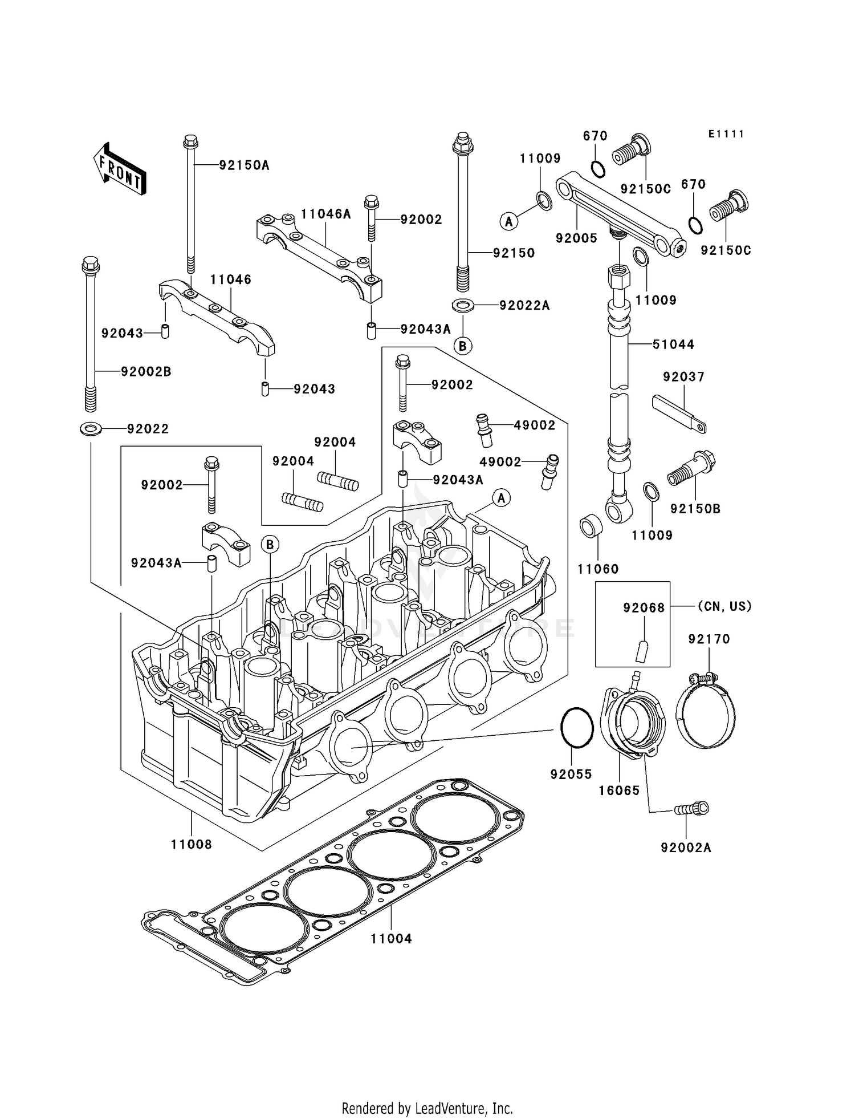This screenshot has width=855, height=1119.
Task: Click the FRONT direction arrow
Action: pyautogui.click(x=120, y=171)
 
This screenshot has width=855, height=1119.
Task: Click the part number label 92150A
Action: pyautogui.click(x=244, y=165)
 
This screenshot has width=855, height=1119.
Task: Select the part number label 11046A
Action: pyautogui.click(x=326, y=214)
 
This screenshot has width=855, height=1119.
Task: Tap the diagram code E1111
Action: pyautogui.click(x=726, y=134)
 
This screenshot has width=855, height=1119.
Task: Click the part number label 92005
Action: pyautogui.click(x=576, y=238)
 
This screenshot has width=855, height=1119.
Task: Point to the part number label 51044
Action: pyautogui.click(x=673, y=344)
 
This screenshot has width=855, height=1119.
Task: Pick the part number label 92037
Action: pyautogui.click(x=683, y=377)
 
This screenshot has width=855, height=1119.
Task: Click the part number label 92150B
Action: pyautogui.click(x=695, y=509)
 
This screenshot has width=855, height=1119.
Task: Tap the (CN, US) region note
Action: pyautogui.click(x=724, y=606)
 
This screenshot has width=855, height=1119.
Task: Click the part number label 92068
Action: pyautogui.click(x=644, y=608)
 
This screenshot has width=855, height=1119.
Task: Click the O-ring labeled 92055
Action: pyautogui.click(x=577, y=727)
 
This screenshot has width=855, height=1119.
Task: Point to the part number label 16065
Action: pyautogui.click(x=619, y=790)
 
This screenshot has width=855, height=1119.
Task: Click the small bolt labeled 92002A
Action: pyautogui.click(x=692, y=809)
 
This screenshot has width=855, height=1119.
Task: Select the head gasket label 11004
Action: pyautogui.click(x=391, y=938)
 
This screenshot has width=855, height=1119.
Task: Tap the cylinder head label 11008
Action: pyautogui.click(x=192, y=845)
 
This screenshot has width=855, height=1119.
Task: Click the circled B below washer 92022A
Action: pyautogui.click(x=463, y=346)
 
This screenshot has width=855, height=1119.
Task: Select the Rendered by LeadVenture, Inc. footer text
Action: pyautogui.click(x=427, y=1109)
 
